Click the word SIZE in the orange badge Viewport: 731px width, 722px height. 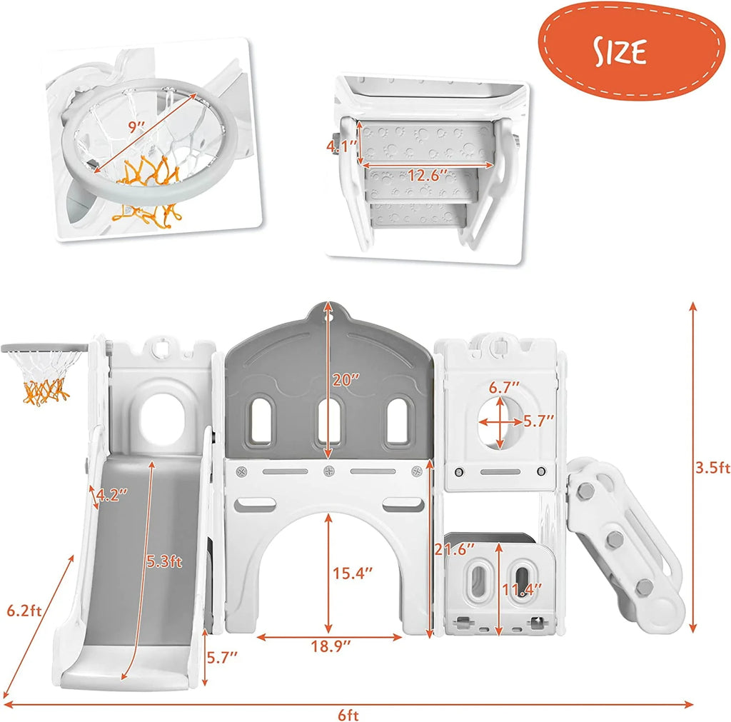(620, 51)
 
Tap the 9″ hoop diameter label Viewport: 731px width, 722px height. (136, 126)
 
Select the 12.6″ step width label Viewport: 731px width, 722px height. (427, 176)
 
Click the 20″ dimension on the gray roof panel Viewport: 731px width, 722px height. (346, 380)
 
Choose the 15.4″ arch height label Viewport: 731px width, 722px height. (353, 573)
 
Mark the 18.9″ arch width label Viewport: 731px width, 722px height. (331, 646)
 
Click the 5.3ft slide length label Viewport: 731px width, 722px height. (164, 561)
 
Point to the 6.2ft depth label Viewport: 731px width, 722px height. (24, 611)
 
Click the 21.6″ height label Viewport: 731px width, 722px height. (455, 549)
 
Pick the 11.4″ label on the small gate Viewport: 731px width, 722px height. (522, 590)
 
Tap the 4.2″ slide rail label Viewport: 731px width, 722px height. (111, 494)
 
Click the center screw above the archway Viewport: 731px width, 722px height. (329, 471)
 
